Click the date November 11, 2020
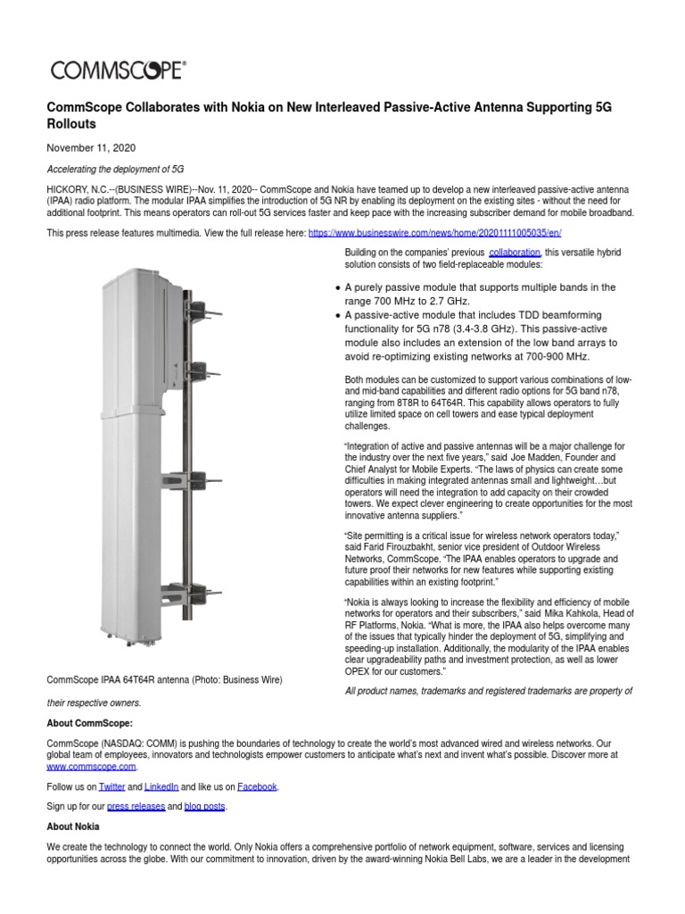tap(91, 147)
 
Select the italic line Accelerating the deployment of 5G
tap(115, 170)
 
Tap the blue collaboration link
tap(515, 253)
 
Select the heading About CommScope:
tap(89, 723)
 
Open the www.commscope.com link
tap(91, 766)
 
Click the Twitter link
tap(111, 786)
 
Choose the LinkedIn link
tap(161, 786)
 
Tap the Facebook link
tap(256, 786)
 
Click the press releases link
tap(136, 807)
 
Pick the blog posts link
tap(205, 807)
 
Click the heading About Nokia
tap(72, 827)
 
